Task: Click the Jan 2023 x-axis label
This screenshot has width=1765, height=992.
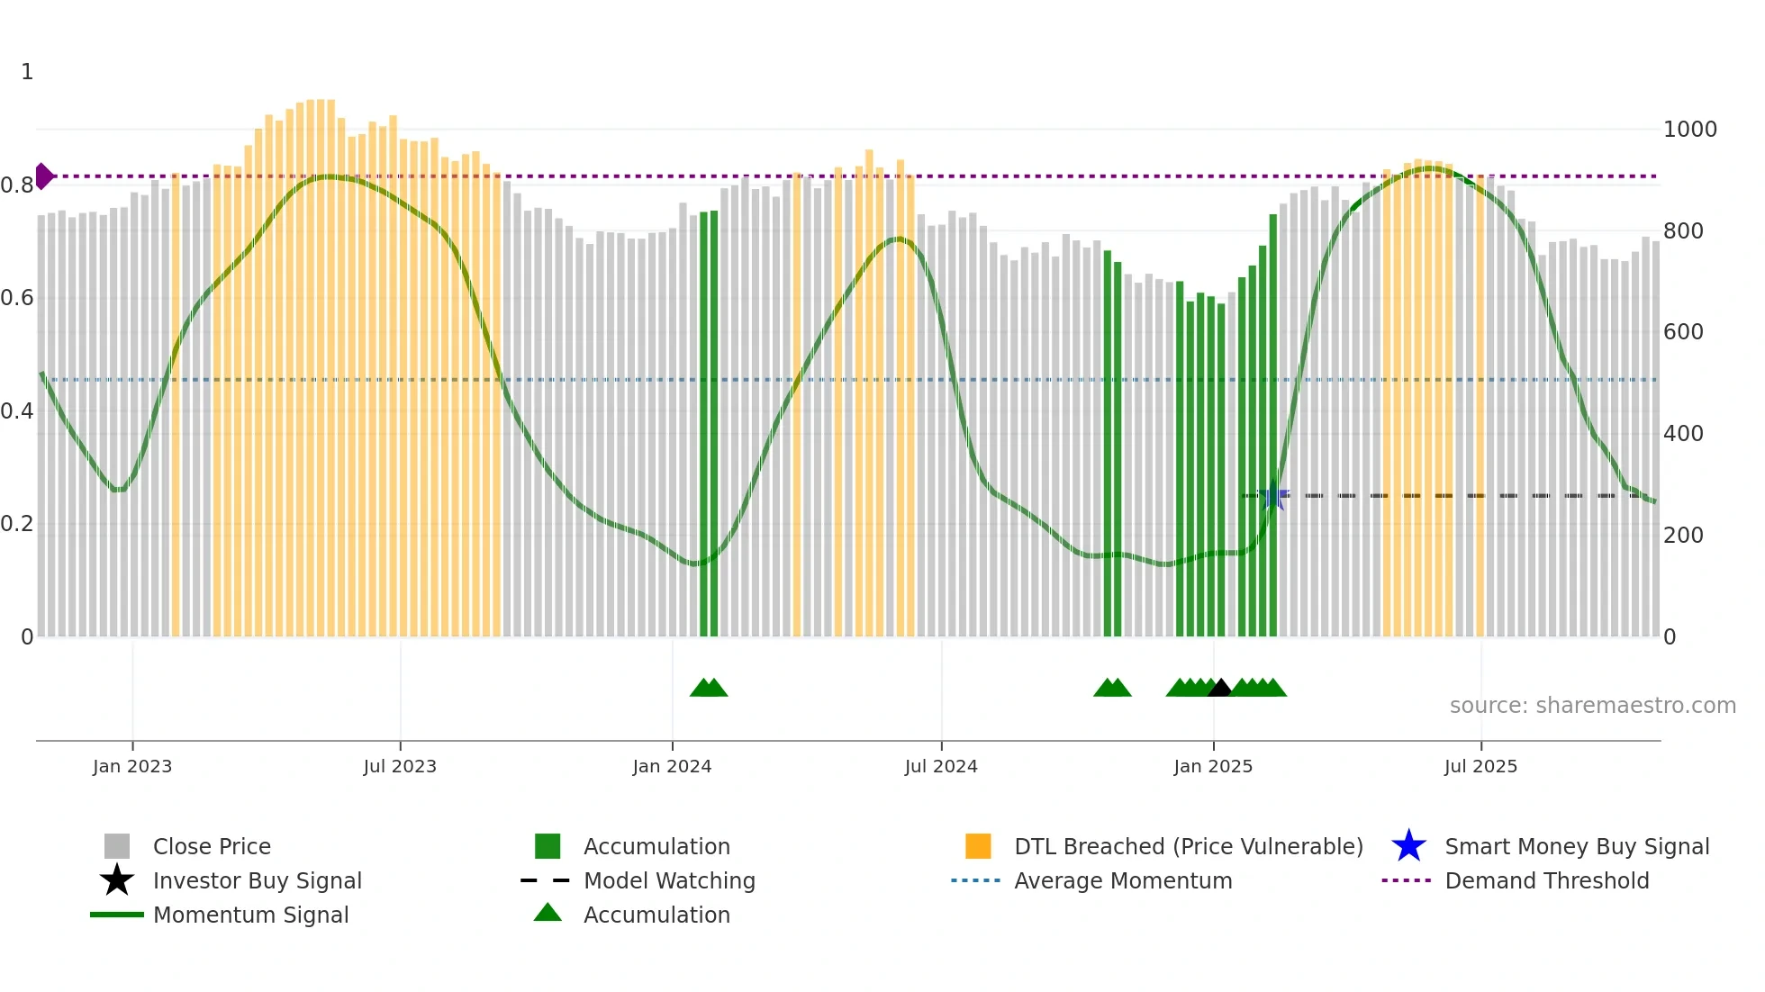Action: [132, 766]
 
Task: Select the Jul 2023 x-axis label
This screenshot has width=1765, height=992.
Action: [400, 766]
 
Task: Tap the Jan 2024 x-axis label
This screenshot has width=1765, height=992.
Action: [672, 766]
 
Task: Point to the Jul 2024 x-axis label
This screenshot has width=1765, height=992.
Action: [941, 766]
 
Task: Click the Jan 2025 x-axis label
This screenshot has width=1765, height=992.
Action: [1213, 766]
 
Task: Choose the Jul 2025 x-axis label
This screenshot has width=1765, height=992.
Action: [1480, 766]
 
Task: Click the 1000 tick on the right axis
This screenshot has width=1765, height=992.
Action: [1689, 130]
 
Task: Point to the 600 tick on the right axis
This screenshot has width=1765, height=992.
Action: [1683, 332]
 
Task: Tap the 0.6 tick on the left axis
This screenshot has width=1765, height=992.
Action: [17, 298]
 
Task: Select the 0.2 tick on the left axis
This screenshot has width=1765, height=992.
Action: [17, 524]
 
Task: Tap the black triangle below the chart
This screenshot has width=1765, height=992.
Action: [1219, 688]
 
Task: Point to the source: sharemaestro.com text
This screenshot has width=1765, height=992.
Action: [1592, 706]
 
